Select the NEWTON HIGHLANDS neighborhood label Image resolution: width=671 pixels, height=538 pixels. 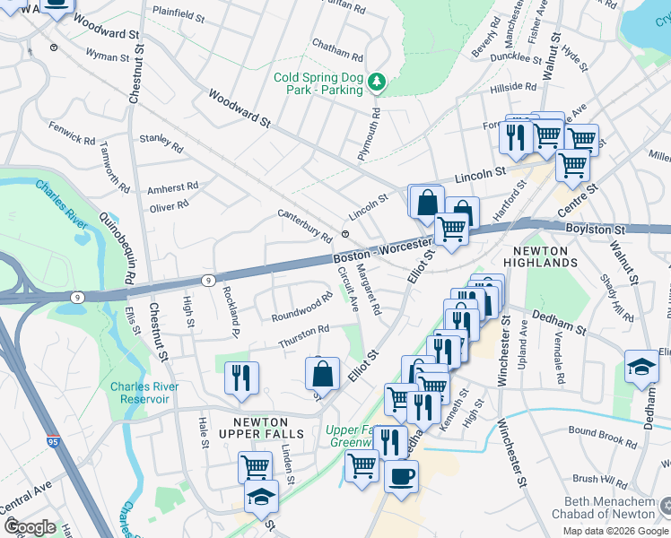pyautogui.click(x=545, y=256)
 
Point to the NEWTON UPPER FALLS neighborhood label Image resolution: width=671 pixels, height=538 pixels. pyautogui.click(x=268, y=428)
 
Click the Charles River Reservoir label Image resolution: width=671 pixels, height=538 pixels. pyautogui.click(x=144, y=393)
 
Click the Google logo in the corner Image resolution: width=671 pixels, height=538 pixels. pyautogui.click(x=30, y=527)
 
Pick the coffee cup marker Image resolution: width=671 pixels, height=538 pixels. pyautogui.click(x=401, y=474)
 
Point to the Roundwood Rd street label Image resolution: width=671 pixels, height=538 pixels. pyautogui.click(x=302, y=309)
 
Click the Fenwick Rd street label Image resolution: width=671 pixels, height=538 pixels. pyautogui.click(x=72, y=134)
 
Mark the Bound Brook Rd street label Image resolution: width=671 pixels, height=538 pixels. pyautogui.click(x=602, y=437)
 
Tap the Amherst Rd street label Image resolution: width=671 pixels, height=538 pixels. pyautogui.click(x=172, y=188)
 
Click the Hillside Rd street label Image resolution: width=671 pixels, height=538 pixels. pyautogui.click(x=513, y=89)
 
